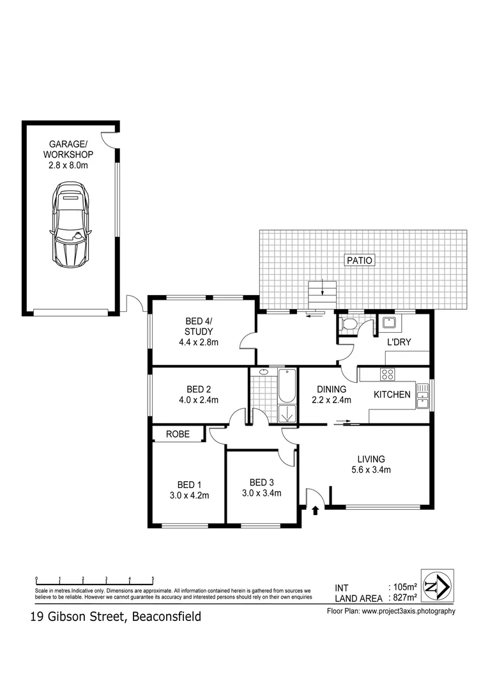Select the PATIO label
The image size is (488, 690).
point(359,260)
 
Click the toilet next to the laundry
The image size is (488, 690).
point(348,325)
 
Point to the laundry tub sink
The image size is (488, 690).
point(388,323)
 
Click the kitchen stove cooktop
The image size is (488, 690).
point(387,374)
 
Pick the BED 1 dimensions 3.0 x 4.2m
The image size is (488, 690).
point(190,494)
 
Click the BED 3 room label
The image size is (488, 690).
point(261,482)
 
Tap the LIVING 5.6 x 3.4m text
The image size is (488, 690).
point(370,464)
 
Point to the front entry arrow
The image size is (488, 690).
point(314,509)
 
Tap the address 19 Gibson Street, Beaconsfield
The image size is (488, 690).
point(116,617)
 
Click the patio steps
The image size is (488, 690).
point(322,294)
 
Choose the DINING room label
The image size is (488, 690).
point(332,389)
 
